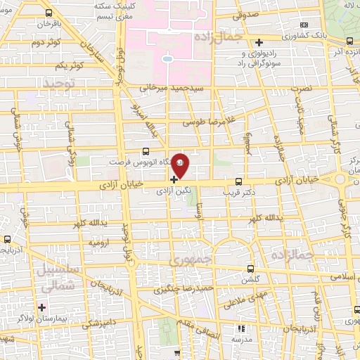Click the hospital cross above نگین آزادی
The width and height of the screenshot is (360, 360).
pos(174,179)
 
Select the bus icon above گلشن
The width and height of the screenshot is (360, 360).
pos(251,269)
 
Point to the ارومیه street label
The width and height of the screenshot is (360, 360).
pos(98,241)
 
